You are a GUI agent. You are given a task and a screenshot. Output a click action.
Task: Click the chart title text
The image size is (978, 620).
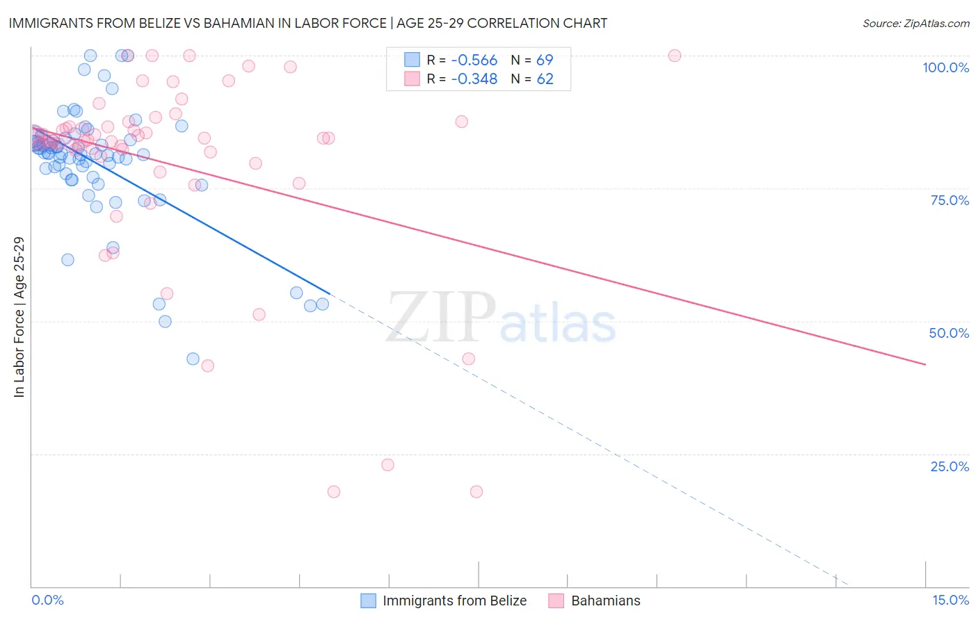(x=307, y=23)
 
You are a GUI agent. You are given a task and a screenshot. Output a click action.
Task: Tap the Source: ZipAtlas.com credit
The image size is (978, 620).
(x=915, y=23)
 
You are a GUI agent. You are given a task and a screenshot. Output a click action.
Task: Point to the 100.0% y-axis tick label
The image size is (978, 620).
(x=945, y=67)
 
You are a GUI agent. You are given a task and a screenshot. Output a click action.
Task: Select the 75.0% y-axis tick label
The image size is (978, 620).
(x=949, y=200)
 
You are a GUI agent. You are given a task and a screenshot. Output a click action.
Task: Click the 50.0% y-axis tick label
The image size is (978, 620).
(x=949, y=333)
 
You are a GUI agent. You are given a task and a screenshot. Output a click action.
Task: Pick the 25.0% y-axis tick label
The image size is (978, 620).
(x=949, y=466)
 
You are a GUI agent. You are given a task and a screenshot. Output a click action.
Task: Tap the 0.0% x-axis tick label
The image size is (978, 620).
(x=47, y=600)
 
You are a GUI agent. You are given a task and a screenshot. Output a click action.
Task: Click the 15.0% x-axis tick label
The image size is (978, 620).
(x=950, y=600)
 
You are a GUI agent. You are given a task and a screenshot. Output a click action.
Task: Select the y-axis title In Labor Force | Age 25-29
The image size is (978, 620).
(x=19, y=317)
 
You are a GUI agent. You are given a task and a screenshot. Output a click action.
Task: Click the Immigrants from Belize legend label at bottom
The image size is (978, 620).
(x=454, y=601)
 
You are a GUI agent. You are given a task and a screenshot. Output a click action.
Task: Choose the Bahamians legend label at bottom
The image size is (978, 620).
(x=605, y=601)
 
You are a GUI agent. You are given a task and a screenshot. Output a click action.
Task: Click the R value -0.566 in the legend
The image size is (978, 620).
(x=474, y=60)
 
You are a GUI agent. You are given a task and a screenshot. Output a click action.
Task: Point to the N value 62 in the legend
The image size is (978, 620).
(x=545, y=79)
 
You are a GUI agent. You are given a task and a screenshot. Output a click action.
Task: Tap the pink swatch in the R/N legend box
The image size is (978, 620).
(x=412, y=79)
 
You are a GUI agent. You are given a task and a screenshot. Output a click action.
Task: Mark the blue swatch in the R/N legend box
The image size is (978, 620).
(x=412, y=60)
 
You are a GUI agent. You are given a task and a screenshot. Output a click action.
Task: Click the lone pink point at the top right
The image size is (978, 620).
(x=674, y=56)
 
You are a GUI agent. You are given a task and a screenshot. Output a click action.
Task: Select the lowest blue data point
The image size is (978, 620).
(x=193, y=359)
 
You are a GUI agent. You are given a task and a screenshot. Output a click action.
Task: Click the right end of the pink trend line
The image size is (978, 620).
(x=925, y=364)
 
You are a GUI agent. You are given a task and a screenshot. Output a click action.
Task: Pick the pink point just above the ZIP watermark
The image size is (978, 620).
(x=468, y=359)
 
